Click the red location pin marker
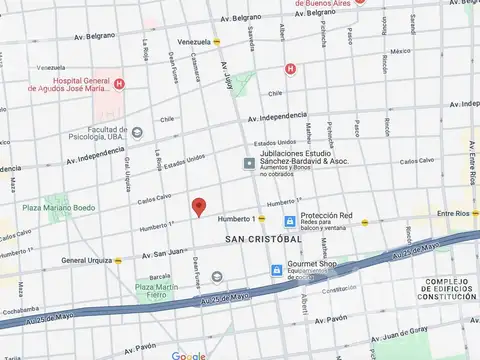click(199, 206)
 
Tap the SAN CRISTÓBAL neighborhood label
click(263, 240)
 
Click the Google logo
click(189, 355)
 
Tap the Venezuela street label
click(194, 41)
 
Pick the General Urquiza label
click(87, 260)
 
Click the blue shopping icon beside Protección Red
click(289, 221)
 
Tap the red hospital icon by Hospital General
click(119, 83)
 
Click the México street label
click(400, 50)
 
